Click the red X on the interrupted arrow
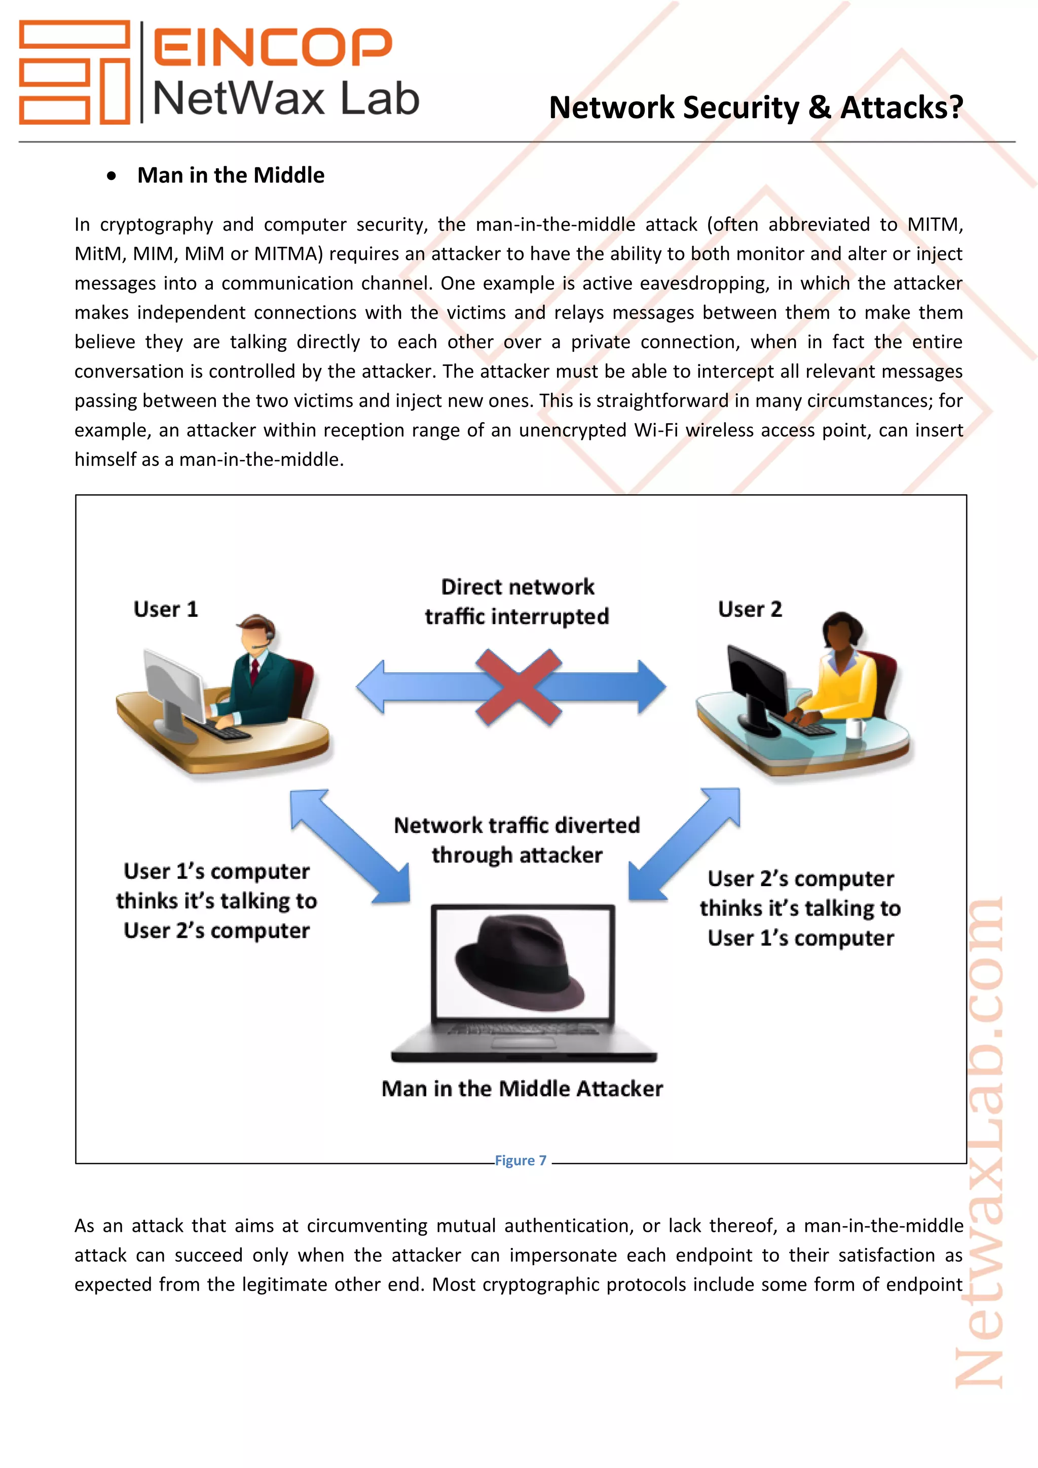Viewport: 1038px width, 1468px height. point(519,687)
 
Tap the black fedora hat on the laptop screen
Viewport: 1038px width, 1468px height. point(520,964)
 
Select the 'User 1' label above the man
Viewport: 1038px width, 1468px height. point(166,609)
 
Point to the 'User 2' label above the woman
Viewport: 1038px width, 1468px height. point(750,609)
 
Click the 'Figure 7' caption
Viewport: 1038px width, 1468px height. point(521,1160)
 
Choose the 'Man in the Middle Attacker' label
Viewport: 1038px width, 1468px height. point(522,1089)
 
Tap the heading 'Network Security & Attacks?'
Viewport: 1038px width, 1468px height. point(756,107)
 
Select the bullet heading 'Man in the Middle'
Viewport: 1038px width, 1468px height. point(231,175)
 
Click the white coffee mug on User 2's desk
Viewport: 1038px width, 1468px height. point(855,727)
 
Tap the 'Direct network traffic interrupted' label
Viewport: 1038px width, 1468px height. point(517,602)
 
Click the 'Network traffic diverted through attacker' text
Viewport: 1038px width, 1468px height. point(517,840)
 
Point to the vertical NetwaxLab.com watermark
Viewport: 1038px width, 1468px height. point(979,1145)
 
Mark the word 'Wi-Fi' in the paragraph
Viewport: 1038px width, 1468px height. point(656,430)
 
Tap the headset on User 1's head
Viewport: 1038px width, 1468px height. point(269,633)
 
